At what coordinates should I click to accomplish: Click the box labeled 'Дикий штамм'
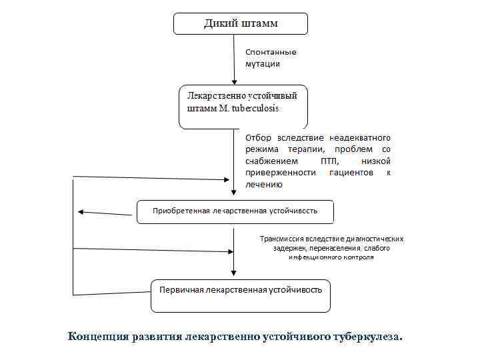241,24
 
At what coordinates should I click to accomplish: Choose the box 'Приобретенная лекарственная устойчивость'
235,211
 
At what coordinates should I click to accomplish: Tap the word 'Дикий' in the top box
218,23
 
